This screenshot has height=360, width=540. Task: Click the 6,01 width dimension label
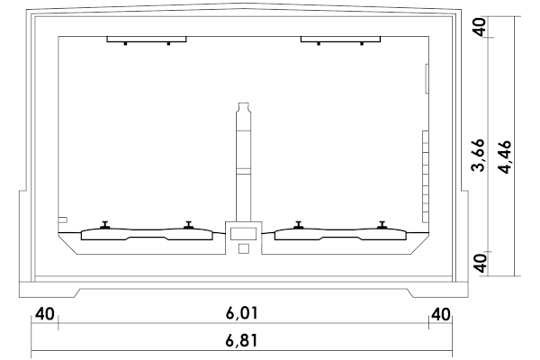point(241,313)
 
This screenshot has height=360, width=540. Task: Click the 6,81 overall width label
point(241,340)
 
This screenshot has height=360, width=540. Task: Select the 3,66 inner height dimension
point(479,155)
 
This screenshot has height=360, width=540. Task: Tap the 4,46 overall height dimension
point(506,157)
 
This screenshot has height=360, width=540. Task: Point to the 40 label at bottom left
point(45,314)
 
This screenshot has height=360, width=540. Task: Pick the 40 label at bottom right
point(440,314)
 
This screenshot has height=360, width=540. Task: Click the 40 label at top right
point(479,26)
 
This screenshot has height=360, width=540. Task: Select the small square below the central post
point(244,248)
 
